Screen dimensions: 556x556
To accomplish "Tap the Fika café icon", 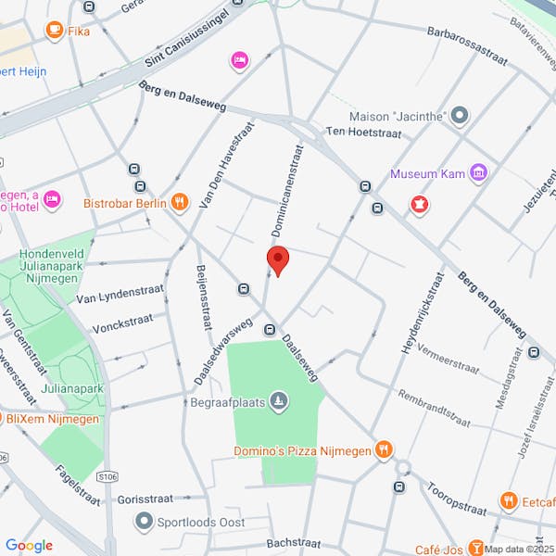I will tap(55, 31).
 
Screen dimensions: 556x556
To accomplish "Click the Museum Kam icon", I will tap(478, 173).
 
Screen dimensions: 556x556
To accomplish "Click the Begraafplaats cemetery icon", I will tap(279, 402).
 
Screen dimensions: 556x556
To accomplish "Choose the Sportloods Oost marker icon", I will tap(143, 523).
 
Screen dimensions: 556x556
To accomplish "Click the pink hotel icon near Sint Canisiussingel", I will tap(240, 60).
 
